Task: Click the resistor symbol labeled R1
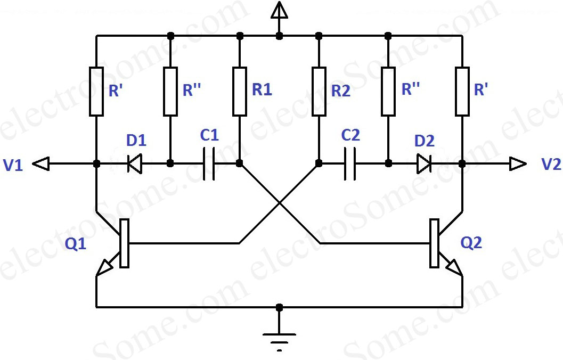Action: (240, 91)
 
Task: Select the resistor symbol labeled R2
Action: (319, 91)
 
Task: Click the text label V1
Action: (14, 166)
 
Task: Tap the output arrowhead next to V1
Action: (42, 164)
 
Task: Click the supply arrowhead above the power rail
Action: (279, 10)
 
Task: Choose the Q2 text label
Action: (472, 243)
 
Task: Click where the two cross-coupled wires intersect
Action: (279, 203)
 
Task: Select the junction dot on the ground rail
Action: (279, 307)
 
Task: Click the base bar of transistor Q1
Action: (124, 243)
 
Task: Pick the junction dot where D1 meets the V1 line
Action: (96, 164)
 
